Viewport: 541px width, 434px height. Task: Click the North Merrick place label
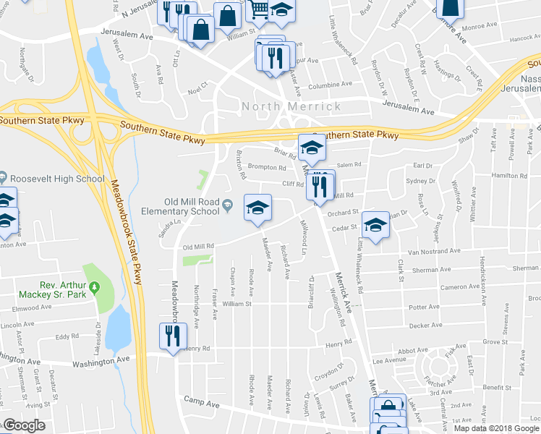click(x=291, y=106)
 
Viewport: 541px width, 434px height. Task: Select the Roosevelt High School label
click(x=56, y=179)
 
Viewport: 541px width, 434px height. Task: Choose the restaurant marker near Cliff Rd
click(x=319, y=185)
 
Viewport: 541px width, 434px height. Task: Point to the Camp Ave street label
click(x=201, y=399)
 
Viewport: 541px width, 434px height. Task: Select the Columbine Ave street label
click(x=330, y=85)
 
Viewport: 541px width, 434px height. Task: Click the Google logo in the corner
click(x=24, y=425)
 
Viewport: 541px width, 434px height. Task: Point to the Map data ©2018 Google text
click(x=496, y=428)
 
